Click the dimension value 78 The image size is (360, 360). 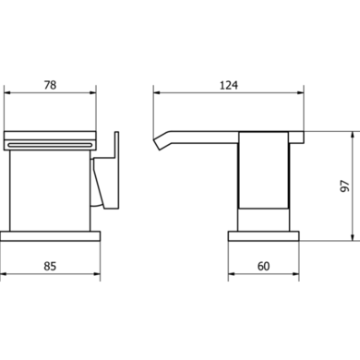point(51,86)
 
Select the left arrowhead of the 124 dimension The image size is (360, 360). point(154,93)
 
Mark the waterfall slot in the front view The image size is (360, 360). point(52,144)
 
